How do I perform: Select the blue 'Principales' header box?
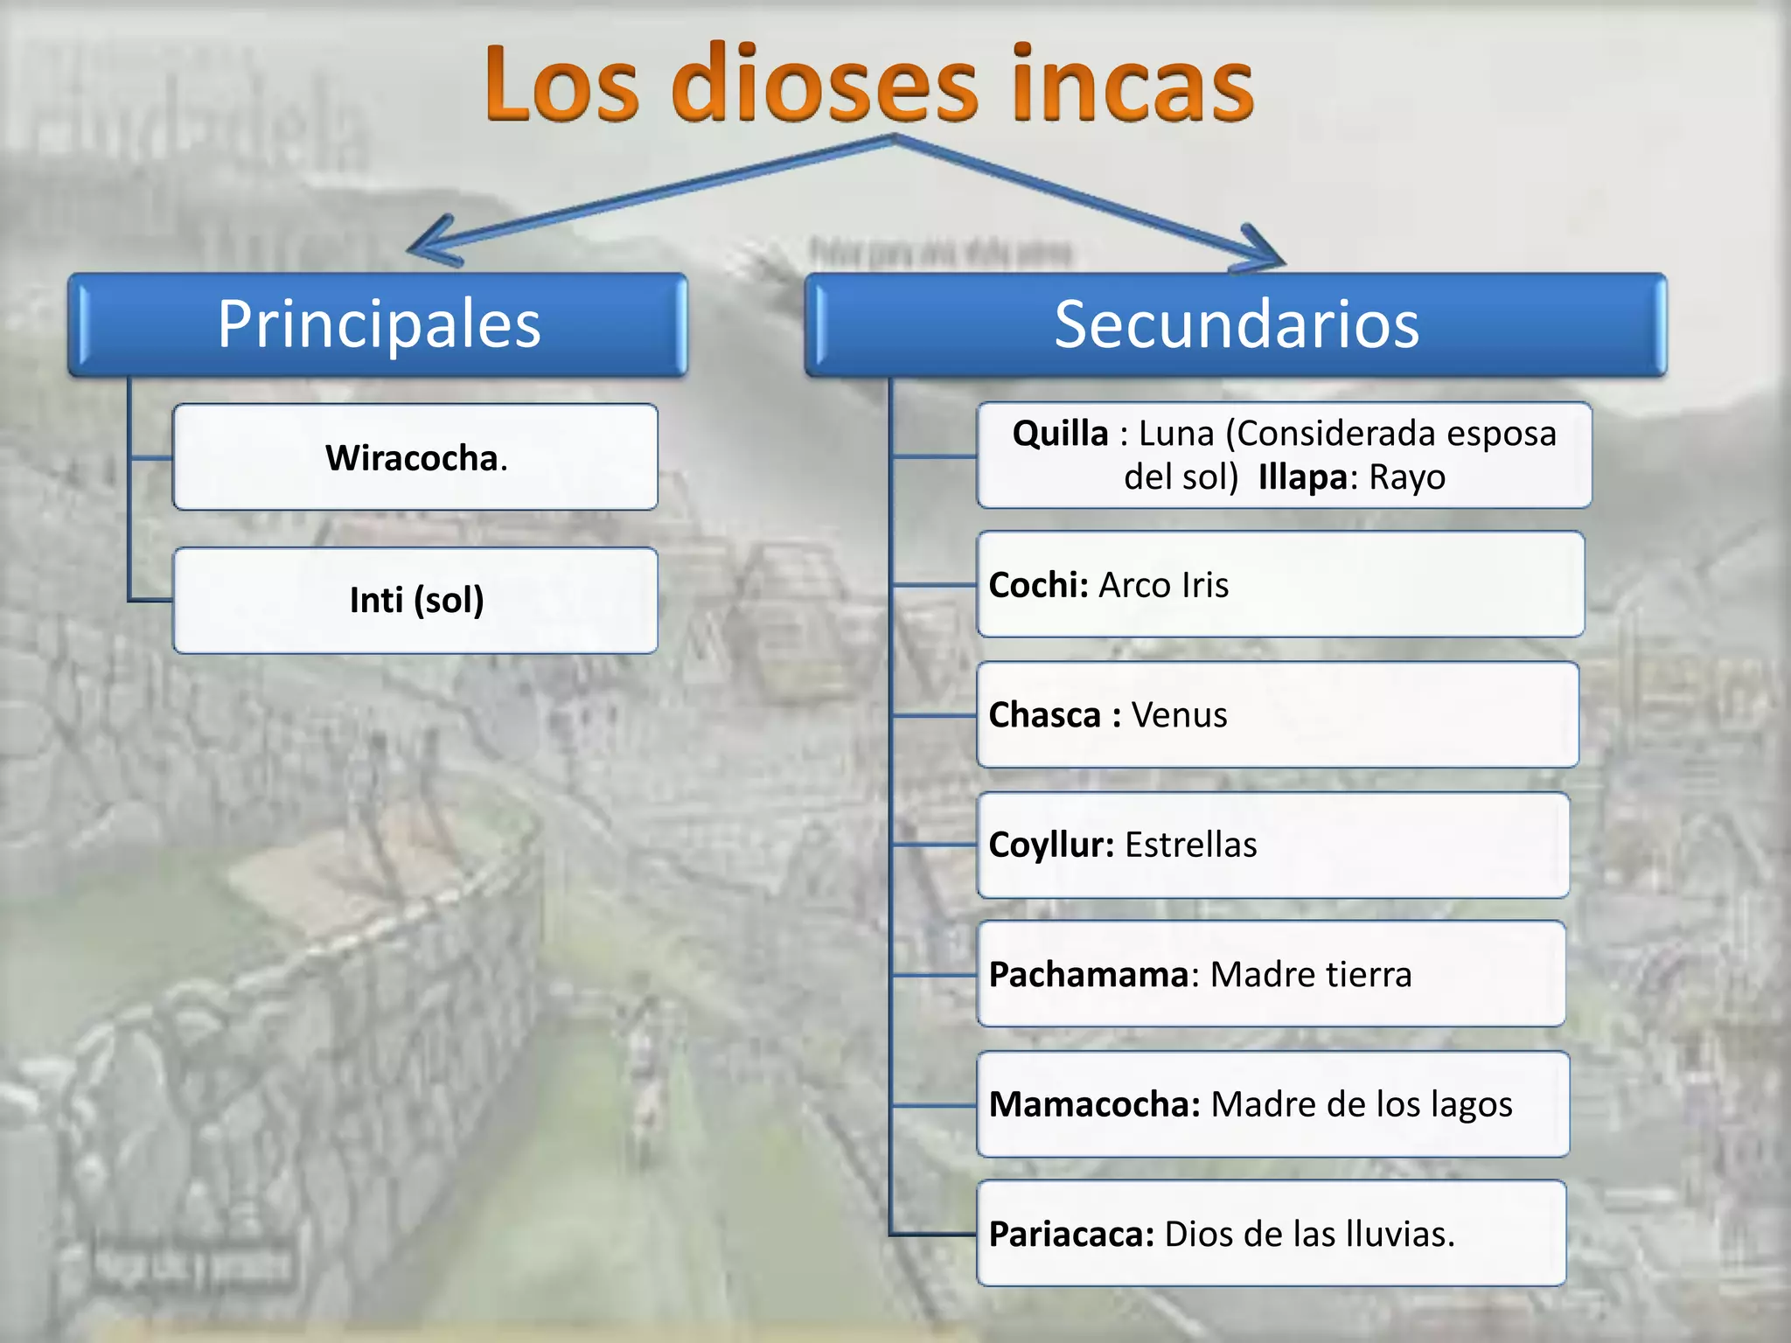pos(378,324)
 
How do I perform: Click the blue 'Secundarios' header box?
pos(1235,324)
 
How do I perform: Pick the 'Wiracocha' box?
pos(415,457)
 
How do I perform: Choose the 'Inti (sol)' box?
pos(415,601)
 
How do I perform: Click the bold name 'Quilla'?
pos(1060,434)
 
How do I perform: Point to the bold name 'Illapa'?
pos(1302,477)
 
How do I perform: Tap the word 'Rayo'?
pos(1407,477)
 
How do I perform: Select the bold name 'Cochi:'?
pos(1038,585)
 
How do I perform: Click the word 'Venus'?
pos(1179,715)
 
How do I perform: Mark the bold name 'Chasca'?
pos(1044,715)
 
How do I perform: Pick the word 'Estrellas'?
pos(1190,845)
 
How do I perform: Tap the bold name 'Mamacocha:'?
pos(1094,1104)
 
